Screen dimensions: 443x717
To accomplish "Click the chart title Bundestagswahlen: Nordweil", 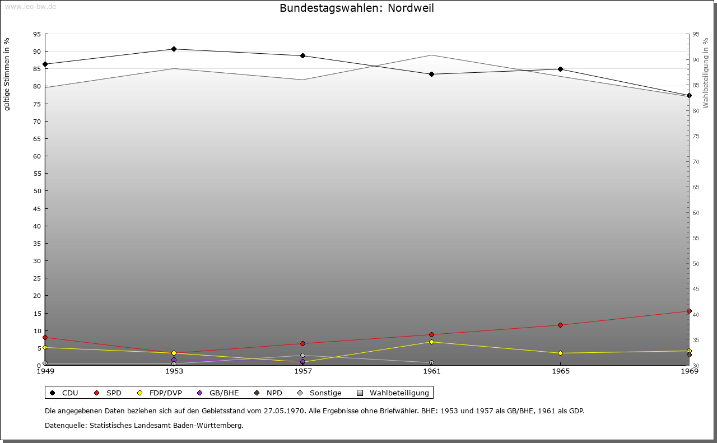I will point(357,8).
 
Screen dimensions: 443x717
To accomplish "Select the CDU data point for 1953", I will point(174,49).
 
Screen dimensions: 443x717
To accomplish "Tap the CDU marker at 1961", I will point(431,74).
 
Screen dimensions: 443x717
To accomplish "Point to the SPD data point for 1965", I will point(560,325).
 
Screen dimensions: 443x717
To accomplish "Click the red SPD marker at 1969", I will point(689,311).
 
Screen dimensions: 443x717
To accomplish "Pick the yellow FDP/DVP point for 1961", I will point(431,342).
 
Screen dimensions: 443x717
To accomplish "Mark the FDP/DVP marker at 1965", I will point(560,353).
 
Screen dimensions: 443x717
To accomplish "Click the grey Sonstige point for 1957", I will point(303,356).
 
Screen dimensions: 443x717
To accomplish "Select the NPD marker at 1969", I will point(689,355).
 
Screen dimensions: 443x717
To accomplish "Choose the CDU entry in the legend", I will point(64,393).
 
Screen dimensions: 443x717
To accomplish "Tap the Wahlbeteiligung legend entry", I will point(393,393).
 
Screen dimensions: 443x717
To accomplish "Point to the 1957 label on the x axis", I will point(303,371).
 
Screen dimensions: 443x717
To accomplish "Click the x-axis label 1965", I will point(560,371).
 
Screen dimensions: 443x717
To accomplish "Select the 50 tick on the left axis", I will point(37,191).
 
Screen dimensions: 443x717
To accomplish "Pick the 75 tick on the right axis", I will point(696,136).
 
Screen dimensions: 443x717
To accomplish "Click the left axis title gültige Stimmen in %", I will point(7,74).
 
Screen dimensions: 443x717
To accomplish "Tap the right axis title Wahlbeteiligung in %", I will point(706,73).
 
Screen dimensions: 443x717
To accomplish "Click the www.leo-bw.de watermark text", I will point(30,6).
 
